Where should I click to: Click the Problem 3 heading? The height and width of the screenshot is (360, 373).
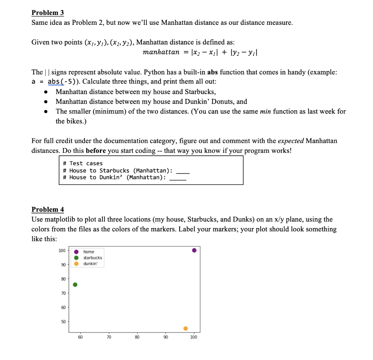(x=48, y=13)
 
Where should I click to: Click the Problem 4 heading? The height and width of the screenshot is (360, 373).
(x=48, y=209)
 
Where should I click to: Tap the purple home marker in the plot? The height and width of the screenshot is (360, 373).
(x=194, y=250)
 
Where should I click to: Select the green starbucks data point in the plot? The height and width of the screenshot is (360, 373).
(x=75, y=284)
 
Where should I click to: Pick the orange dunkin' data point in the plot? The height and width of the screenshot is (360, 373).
(x=185, y=328)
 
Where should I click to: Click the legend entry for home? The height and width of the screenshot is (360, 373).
(x=89, y=252)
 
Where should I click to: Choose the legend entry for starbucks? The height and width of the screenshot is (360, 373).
(x=93, y=258)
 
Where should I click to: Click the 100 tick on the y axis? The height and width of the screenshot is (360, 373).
(x=62, y=250)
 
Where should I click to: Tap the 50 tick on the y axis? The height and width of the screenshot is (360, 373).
(x=63, y=321)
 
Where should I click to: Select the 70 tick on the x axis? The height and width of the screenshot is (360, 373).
(x=109, y=337)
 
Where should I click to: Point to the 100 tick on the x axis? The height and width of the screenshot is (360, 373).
(x=194, y=337)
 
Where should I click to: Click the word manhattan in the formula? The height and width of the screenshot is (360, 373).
(x=161, y=52)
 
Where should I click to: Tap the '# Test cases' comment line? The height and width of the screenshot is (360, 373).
(x=83, y=163)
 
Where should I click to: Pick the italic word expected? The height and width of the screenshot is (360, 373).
(x=291, y=141)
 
